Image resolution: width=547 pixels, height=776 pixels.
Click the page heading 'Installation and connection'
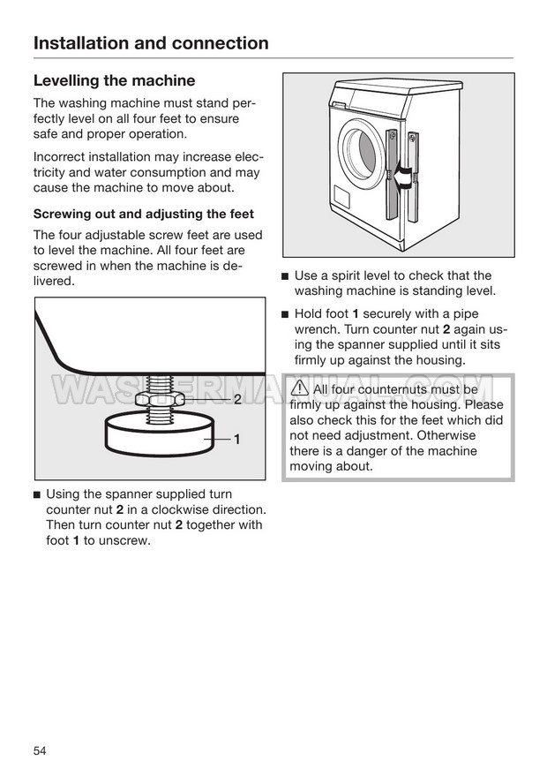[151, 43]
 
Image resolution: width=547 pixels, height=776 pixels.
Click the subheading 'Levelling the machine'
[114, 81]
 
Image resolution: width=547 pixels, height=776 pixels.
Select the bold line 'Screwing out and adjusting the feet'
[143, 214]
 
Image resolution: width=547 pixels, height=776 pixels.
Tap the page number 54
[40, 750]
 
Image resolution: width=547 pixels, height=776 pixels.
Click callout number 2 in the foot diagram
[237, 400]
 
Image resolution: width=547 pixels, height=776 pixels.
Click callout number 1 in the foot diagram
[237, 439]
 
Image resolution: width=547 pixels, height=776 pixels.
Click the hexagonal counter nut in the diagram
[159, 400]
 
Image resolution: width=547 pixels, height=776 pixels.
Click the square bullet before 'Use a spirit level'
[285, 276]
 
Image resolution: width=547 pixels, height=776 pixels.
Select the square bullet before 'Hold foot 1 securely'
[285, 315]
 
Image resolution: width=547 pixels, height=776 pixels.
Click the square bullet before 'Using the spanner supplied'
[37, 494]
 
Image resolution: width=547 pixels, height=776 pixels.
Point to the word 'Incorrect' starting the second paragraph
[61, 157]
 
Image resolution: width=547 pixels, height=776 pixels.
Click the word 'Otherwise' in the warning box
[446, 435]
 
